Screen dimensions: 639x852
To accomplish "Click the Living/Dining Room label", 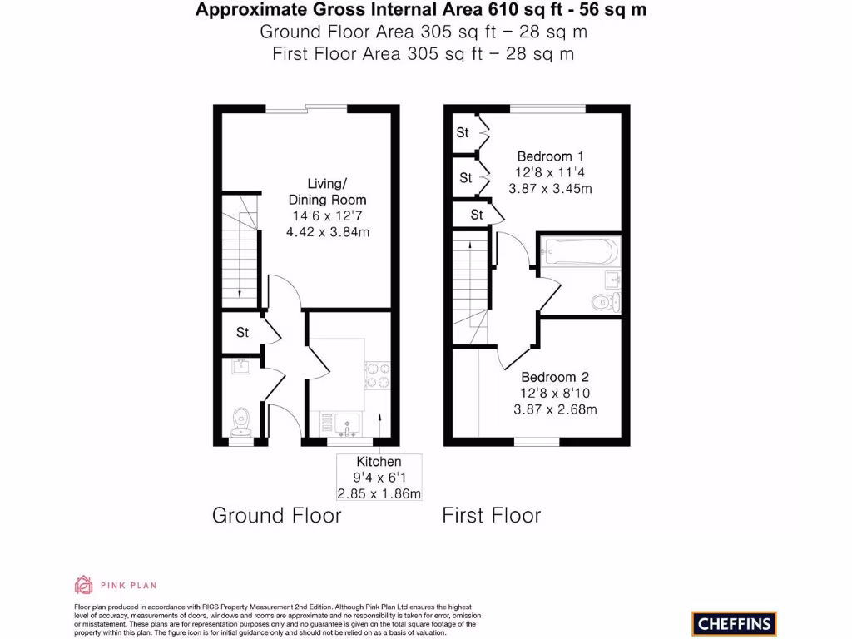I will pos(327,191).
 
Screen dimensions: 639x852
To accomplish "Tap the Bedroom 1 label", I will pos(550,156).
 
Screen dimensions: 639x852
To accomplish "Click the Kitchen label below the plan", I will pos(379,462).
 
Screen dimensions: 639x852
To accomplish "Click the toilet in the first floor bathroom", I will pos(603,300).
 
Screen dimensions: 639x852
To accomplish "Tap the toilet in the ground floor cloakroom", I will pos(241,420).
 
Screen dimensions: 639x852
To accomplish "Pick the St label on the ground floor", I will pos(242,333).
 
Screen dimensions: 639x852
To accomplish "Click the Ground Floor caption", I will pos(277,515).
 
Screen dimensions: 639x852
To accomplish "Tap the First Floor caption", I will pos(491,515).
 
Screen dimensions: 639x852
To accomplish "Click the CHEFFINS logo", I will pos(734,623).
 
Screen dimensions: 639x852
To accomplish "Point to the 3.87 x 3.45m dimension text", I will pos(550,189).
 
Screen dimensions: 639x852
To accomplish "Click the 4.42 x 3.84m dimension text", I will pos(327,232).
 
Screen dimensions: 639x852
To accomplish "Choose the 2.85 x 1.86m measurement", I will pos(379,493).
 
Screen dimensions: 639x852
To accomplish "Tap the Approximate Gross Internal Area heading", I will pos(420,10).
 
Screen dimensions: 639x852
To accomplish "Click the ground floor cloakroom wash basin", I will pos(241,365).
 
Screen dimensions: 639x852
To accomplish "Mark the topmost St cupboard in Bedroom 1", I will pos(463,133).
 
